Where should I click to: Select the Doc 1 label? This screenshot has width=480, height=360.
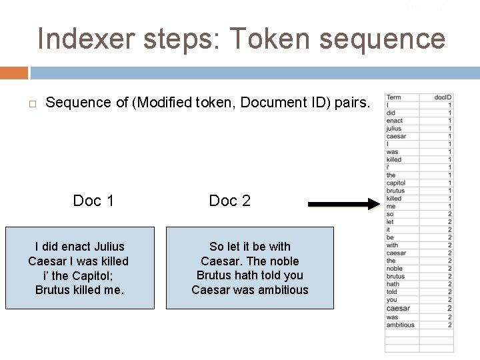(x=93, y=201)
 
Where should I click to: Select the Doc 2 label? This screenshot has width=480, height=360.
(x=229, y=201)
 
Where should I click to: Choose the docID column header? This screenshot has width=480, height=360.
(x=443, y=97)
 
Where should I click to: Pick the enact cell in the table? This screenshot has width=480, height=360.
(x=395, y=121)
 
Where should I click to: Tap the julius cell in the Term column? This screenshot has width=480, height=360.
(x=394, y=129)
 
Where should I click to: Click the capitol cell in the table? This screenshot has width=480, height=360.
(x=396, y=183)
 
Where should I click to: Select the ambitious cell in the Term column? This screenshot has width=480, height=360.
(x=400, y=325)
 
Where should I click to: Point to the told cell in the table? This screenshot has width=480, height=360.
(x=392, y=291)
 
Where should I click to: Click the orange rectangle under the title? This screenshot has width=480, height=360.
(x=14, y=73)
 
